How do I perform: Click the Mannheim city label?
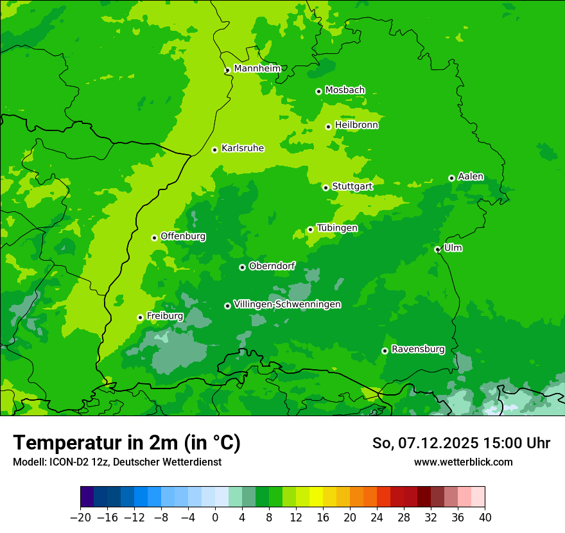[x=257, y=68]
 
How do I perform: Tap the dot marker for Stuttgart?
[x=326, y=188]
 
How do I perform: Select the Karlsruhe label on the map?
[x=243, y=148]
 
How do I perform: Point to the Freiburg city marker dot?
[x=140, y=317]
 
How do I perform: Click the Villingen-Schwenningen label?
[x=287, y=304]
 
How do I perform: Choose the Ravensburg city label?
[x=418, y=349]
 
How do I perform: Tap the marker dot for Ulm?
[x=437, y=249]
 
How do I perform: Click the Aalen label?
[x=471, y=177]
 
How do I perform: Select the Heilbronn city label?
[x=356, y=125]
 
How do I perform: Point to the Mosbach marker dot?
[x=318, y=91]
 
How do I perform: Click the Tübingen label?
[x=337, y=228]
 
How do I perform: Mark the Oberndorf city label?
[x=272, y=266]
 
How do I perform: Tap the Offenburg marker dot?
[x=154, y=238]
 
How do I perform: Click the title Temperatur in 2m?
[x=126, y=443]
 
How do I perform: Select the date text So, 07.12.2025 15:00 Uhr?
[x=461, y=443]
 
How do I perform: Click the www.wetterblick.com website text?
[x=463, y=462]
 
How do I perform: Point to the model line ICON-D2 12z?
[x=117, y=462]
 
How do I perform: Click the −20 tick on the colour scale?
[x=80, y=518]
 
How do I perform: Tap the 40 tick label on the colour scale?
[x=485, y=518]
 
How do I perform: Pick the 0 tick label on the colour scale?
[x=215, y=518]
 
